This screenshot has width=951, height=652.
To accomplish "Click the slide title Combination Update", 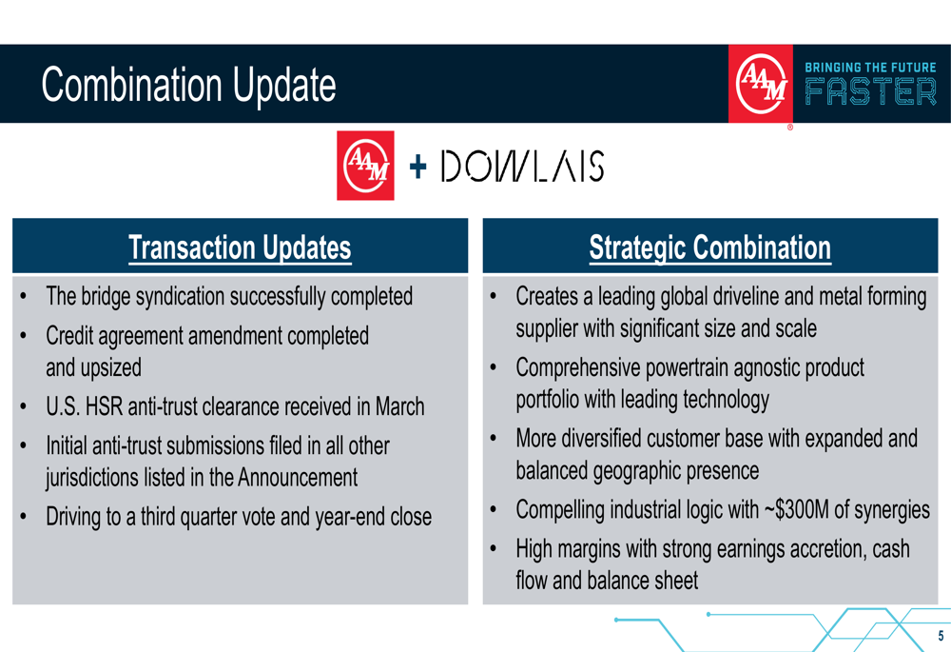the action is coord(188,85).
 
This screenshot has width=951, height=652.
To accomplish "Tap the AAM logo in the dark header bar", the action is coord(761,84).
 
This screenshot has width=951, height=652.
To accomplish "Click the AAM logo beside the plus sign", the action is coord(365,165).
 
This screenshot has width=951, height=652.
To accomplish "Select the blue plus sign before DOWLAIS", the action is coord(417,166).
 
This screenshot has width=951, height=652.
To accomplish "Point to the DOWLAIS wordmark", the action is coord(522,166).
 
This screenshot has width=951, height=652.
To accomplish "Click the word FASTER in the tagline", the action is coord(870,92).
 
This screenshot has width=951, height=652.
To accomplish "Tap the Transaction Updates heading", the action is coord(241,247).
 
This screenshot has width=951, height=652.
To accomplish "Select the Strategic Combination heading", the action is coord(710,247).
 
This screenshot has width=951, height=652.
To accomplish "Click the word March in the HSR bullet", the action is coord(399,406).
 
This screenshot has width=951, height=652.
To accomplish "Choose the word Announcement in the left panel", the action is coord(297,477).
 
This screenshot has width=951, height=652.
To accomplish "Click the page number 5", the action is coord(941,636).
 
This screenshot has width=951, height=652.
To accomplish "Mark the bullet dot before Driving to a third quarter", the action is coord(23,517).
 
